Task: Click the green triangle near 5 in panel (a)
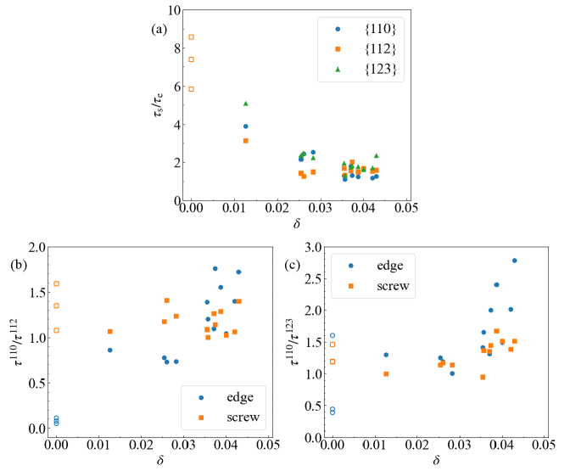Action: (245, 104)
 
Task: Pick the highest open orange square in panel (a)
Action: (192, 36)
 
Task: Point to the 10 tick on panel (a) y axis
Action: (175, 10)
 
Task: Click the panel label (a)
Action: (159, 28)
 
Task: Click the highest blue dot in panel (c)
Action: (514, 261)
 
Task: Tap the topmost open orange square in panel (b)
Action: (56, 283)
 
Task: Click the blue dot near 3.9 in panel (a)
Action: (245, 126)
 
